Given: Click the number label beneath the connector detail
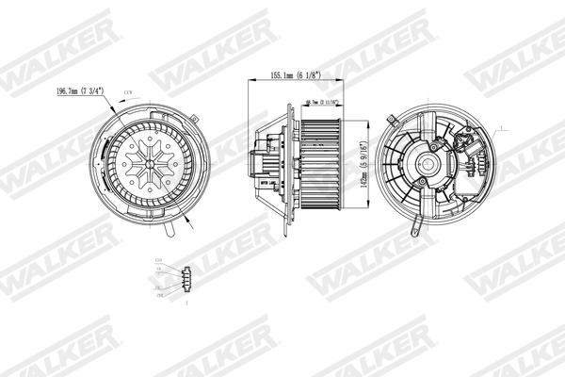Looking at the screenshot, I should [187, 303].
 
